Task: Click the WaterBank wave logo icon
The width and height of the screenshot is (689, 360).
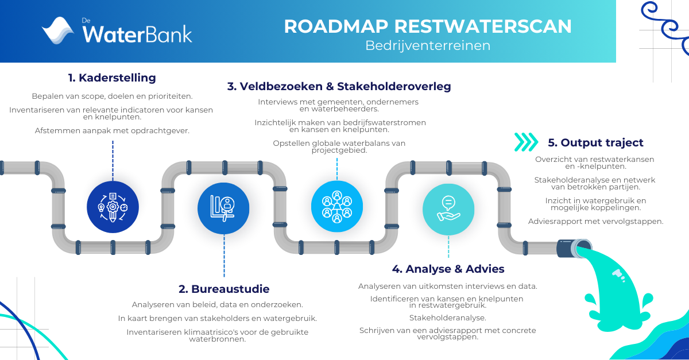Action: click(x=58, y=30)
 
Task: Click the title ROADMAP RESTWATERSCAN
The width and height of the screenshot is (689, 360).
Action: click(x=428, y=26)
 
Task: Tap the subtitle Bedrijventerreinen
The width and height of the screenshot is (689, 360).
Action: click(x=428, y=45)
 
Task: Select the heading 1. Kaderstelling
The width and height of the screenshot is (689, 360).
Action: click(x=112, y=78)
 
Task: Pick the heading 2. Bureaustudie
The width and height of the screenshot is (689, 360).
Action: click(x=224, y=289)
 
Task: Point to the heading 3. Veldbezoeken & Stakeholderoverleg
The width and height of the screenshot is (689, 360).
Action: click(x=339, y=86)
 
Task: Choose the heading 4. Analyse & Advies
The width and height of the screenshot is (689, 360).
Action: click(x=448, y=269)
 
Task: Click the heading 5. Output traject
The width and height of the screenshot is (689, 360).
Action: click(x=595, y=142)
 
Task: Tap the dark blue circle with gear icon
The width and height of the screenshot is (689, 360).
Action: click(x=113, y=207)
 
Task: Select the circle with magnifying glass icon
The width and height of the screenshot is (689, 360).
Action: click(x=223, y=208)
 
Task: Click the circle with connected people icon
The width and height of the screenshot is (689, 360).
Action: click(x=337, y=206)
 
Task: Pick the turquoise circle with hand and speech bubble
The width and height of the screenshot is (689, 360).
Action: click(x=448, y=210)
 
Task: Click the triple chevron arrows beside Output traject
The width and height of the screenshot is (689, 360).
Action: click(x=526, y=142)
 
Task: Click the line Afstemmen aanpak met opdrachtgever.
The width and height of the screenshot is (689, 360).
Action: click(x=112, y=131)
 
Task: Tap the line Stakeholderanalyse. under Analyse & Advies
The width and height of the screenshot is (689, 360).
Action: click(x=447, y=318)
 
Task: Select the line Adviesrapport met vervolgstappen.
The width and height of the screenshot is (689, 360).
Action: click(x=596, y=222)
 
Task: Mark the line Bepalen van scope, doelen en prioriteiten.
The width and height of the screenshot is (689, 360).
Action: click(x=113, y=96)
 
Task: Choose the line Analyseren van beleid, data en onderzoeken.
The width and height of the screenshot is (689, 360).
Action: click(x=218, y=305)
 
